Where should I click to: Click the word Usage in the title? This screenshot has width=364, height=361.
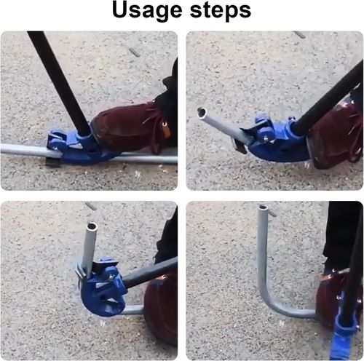coord(147,11)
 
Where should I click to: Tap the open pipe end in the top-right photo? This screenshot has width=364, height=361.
coord(202,112)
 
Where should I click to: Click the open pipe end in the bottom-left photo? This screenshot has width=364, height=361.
coord(92,226)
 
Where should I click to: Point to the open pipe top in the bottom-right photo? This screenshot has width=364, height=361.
coord(263,207)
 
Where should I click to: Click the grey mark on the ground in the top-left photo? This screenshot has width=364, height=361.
coord(135,52)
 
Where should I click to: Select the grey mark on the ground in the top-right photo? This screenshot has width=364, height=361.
coord(299,35)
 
